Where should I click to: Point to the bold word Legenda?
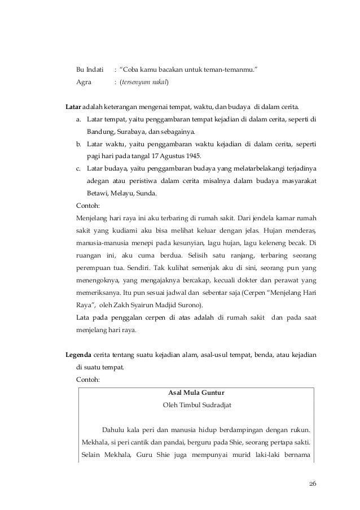79,355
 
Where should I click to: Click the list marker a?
78,120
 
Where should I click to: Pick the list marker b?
78,144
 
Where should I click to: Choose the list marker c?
78,169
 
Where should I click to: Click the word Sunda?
147,194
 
